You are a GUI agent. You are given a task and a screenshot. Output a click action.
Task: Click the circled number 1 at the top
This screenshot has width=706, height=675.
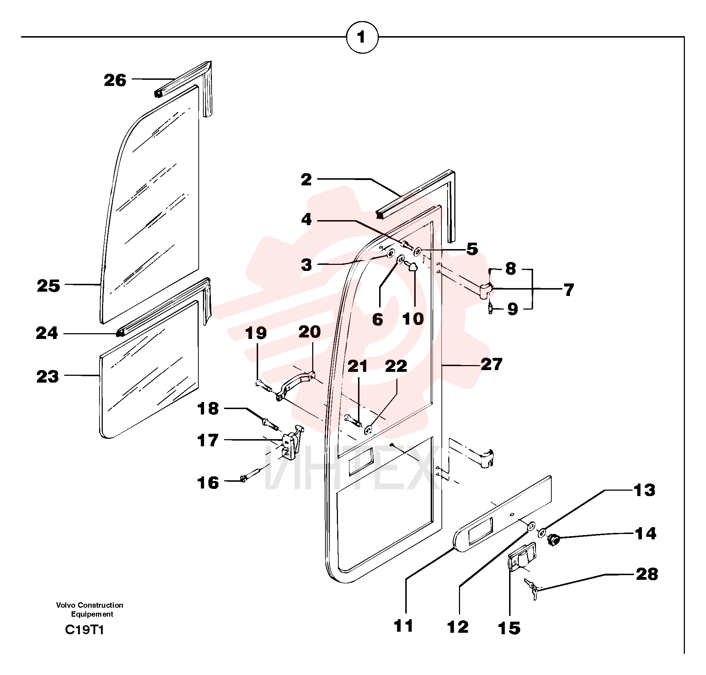[362, 37]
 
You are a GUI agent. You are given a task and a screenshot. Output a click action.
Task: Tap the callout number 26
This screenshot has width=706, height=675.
[115, 80]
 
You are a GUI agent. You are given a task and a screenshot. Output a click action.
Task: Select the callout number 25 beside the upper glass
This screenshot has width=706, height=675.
[49, 286]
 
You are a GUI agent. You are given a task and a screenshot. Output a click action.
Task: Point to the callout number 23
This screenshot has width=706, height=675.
[48, 377]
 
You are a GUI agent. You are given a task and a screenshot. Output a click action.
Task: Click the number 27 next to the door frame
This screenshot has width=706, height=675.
[492, 364]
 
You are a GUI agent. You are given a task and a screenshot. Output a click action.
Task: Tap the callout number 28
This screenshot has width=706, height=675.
[647, 574]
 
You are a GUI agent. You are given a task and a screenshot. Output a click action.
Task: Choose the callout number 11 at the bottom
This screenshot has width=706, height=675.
[403, 626]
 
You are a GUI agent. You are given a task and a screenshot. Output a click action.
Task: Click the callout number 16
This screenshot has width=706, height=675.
[208, 483]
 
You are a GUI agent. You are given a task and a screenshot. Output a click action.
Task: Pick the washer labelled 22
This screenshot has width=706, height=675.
[368, 429]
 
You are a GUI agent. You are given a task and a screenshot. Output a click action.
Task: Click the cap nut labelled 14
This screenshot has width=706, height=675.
[553, 539]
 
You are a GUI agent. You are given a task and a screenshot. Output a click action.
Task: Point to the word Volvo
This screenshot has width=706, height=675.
[66, 605]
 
